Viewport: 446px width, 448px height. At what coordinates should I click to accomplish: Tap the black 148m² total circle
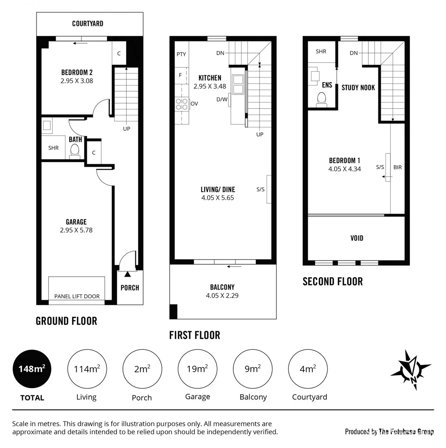pos(32,369)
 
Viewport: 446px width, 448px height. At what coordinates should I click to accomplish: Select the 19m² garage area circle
pos(197,369)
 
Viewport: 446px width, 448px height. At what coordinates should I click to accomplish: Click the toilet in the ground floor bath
pos(75,151)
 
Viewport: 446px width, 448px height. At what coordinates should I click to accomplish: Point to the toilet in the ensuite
pos(321,100)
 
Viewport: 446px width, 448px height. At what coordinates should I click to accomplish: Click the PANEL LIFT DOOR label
pos(77,296)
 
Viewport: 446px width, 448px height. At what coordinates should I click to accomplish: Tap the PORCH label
pos(130,287)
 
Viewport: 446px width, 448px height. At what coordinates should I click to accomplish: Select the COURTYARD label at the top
pos(88,24)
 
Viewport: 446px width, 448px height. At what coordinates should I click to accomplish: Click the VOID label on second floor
pos(357,238)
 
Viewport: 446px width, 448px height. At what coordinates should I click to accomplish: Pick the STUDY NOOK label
pos(358,88)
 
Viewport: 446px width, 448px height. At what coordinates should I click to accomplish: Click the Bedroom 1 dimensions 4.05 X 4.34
pos(345,169)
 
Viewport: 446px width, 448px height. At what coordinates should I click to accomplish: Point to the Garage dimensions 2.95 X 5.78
pos(76,230)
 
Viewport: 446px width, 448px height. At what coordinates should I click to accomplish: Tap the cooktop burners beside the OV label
pos(181,104)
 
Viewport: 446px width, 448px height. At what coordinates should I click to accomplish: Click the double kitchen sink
pos(238,85)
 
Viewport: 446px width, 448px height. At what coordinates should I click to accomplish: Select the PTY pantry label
pos(181,54)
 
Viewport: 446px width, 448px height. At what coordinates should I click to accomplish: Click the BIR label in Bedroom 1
pos(397,168)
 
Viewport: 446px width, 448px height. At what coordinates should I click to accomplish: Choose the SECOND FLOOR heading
pos(332,282)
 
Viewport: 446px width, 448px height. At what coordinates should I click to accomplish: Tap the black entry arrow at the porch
pos(127,274)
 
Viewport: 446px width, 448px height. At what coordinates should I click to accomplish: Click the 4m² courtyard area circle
pos(308,369)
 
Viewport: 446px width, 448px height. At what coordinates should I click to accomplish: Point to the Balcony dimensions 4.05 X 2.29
pos(222,295)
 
